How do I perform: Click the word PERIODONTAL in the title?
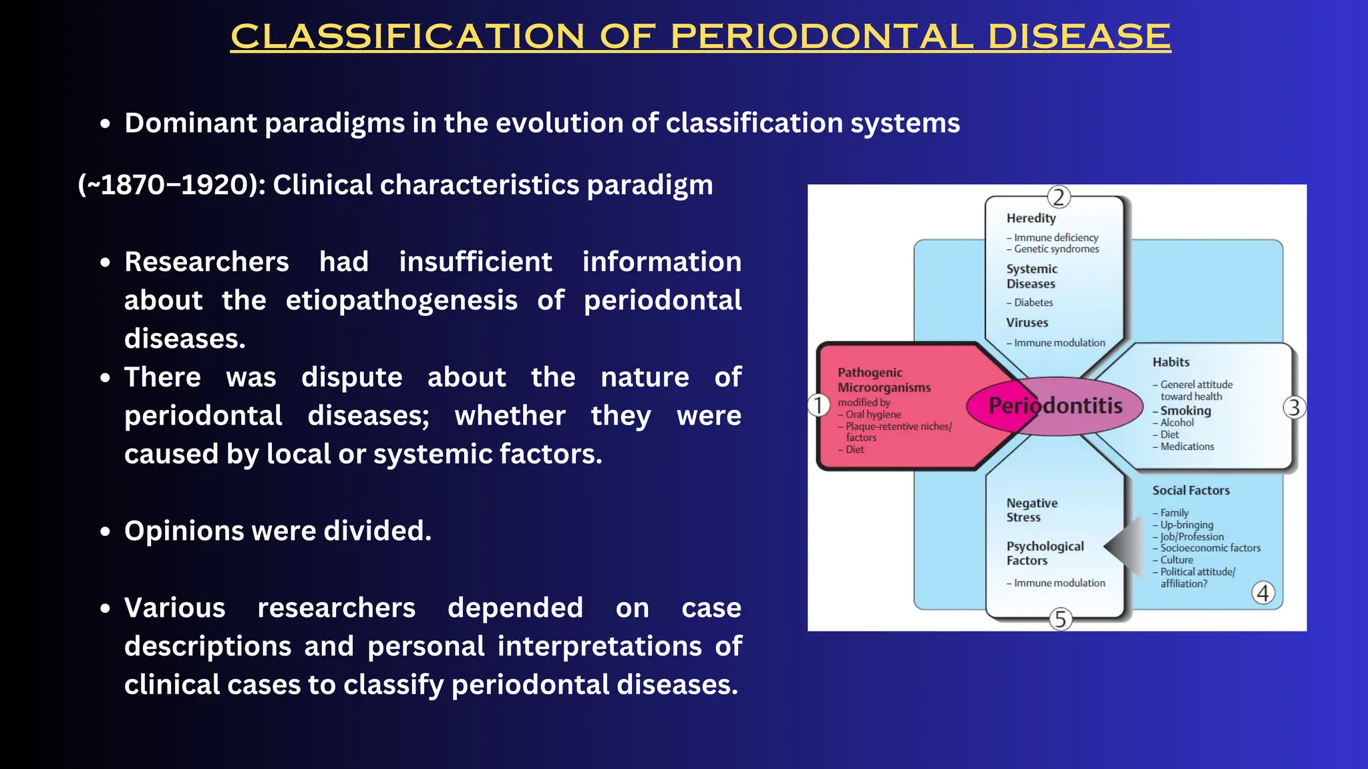(821, 36)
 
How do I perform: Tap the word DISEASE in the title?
(1079, 36)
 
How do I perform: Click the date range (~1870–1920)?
(171, 185)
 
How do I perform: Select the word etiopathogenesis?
(401, 300)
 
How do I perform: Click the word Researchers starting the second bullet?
(206, 262)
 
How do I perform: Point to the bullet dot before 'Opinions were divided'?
(105, 532)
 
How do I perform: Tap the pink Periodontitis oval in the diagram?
(1055, 405)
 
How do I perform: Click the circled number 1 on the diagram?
(818, 405)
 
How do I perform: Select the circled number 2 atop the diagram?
(1058, 198)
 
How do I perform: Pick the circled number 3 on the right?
(1294, 407)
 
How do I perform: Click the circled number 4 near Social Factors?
(1262, 593)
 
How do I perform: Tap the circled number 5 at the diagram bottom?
(1060, 619)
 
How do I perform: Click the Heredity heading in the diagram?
(1031, 218)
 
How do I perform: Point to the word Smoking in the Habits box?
(1185, 411)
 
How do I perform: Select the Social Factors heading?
(1190, 491)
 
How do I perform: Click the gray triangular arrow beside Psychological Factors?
(1126, 546)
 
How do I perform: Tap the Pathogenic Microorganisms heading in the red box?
(884, 380)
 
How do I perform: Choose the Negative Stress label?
(1031, 510)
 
